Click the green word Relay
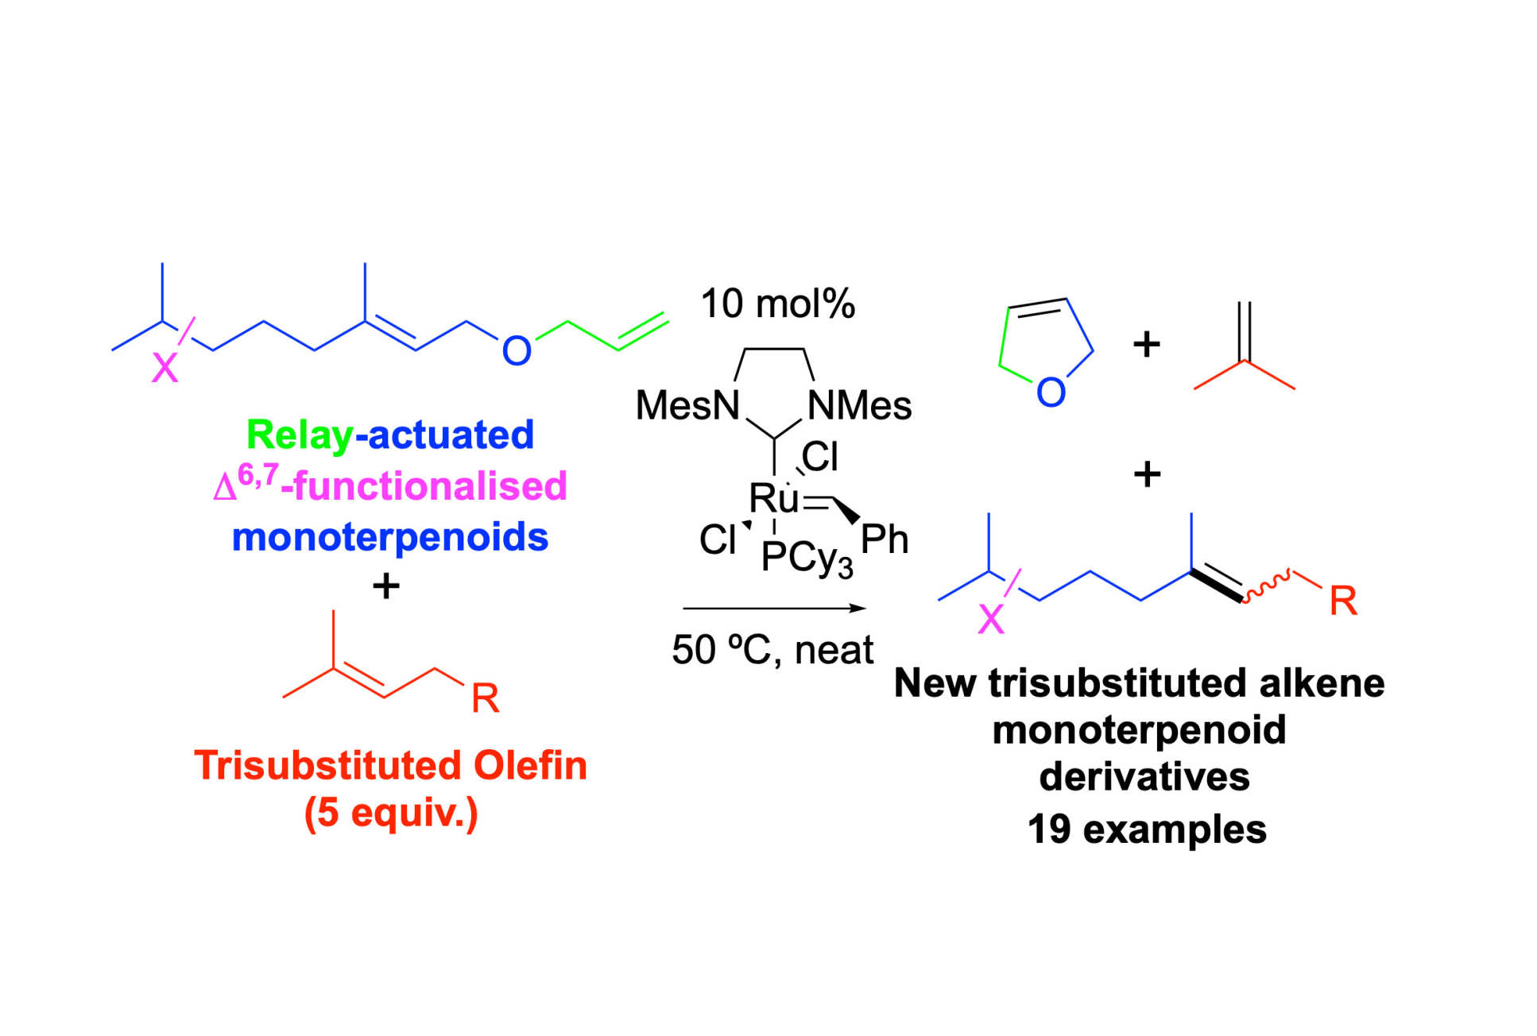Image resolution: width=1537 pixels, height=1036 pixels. (300, 435)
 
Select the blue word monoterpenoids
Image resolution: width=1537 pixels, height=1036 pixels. (389, 537)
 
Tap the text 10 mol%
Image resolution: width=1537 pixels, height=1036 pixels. (777, 303)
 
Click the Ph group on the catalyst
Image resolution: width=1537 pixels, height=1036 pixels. (884, 540)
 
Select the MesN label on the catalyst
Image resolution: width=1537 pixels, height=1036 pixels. (687, 406)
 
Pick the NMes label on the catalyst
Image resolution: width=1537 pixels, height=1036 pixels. (860, 406)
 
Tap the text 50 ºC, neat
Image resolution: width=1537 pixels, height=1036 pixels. (772, 650)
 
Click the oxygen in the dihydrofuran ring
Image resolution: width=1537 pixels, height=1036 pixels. (1051, 392)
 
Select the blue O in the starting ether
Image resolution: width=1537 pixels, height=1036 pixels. (517, 351)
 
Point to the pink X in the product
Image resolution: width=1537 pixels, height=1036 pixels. (991, 620)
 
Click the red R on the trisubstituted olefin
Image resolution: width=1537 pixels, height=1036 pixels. (485, 699)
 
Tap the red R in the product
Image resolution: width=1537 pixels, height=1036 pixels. (1343, 601)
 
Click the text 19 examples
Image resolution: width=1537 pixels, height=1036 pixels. (1146, 829)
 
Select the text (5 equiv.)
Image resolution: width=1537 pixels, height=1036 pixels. (391, 813)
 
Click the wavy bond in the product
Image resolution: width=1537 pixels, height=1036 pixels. (1267, 586)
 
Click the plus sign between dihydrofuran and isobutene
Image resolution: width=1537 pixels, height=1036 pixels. (1146, 345)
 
